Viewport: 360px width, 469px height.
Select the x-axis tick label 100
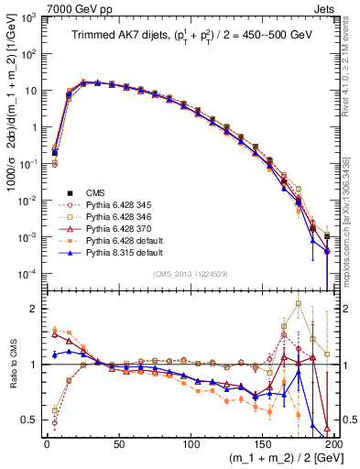(191, 442)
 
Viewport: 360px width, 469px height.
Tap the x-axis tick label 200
(333, 442)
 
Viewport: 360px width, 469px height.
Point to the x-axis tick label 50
(119, 442)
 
